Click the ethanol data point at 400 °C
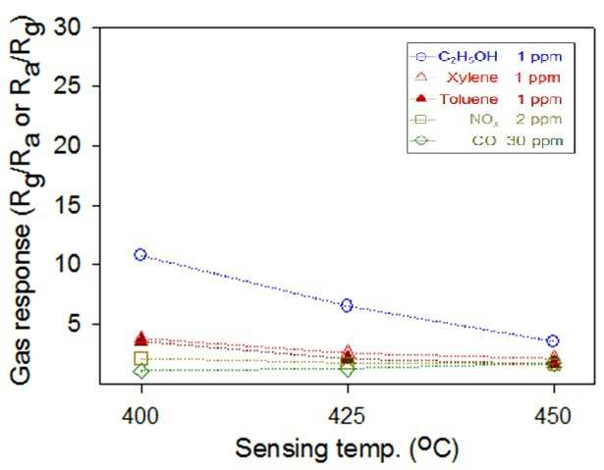pyautogui.click(x=140, y=254)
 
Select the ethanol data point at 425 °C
pyautogui.click(x=347, y=305)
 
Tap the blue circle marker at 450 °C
pyautogui.click(x=553, y=340)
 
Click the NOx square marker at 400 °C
pyautogui.click(x=141, y=358)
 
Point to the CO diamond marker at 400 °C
pyautogui.click(x=141, y=372)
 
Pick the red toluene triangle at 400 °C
pyautogui.click(x=141, y=338)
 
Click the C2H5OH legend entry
pyautogui.click(x=467, y=57)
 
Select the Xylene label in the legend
pyautogui.click(x=472, y=78)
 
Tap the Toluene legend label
pyautogui.click(x=468, y=99)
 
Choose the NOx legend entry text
pyautogui.click(x=484, y=120)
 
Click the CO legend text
pyautogui.click(x=484, y=140)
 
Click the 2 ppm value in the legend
pyautogui.click(x=538, y=120)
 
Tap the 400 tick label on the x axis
pyautogui.click(x=140, y=416)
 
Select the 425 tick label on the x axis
pyautogui.click(x=347, y=416)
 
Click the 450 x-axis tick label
pyautogui.click(x=553, y=416)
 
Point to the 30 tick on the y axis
pyautogui.click(x=68, y=26)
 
